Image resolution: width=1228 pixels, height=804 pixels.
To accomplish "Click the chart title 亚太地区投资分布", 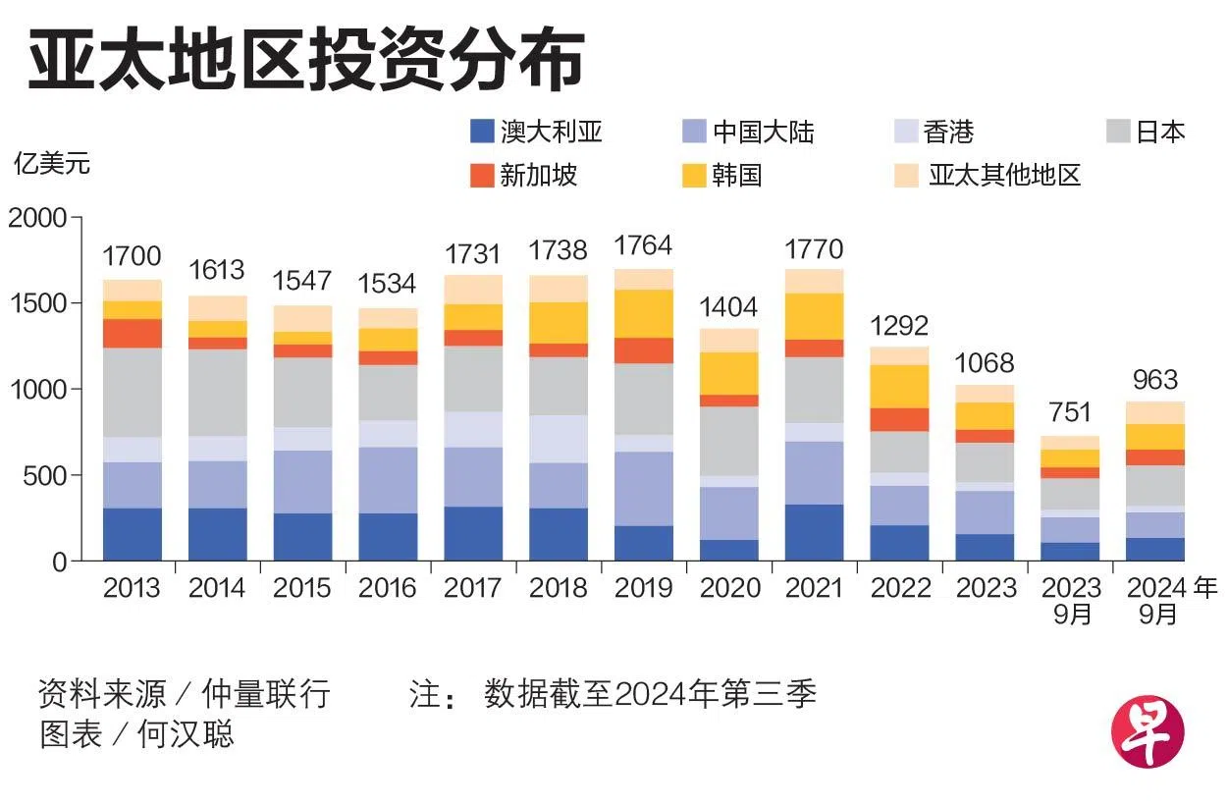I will pyautogui.click(x=306, y=64).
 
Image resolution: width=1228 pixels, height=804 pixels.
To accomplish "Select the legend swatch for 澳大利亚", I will pyautogui.click(x=482, y=131).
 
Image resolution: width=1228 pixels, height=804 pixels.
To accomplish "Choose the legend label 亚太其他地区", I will pyautogui.click(x=1004, y=176).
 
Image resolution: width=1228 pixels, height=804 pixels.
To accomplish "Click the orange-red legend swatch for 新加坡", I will pyautogui.click(x=482, y=176).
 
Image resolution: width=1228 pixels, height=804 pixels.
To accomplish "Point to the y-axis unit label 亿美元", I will pyautogui.click(x=51, y=163).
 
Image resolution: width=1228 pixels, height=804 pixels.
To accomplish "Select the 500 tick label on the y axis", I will pyautogui.click(x=44, y=476).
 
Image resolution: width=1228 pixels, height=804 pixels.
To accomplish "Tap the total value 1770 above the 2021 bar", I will pyautogui.click(x=814, y=249).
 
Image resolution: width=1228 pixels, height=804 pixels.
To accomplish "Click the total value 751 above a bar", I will pyautogui.click(x=1070, y=412).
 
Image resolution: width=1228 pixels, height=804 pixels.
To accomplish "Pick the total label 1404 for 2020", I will pyautogui.click(x=728, y=307).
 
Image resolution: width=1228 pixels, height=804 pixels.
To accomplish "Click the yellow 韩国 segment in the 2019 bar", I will pyautogui.click(x=643, y=314).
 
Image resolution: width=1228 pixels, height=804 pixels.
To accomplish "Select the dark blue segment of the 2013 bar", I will pyautogui.click(x=132, y=534).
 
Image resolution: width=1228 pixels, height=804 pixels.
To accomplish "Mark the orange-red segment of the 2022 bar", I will pyautogui.click(x=899, y=420).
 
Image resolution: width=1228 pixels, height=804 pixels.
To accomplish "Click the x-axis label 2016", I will pyautogui.click(x=388, y=588).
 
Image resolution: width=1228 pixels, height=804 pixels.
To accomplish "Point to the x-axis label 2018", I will pyautogui.click(x=558, y=588).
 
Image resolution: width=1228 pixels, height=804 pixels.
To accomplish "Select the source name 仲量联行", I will pyautogui.click(x=265, y=695).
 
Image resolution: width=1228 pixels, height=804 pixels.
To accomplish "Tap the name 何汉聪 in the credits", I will pyautogui.click(x=187, y=734).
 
